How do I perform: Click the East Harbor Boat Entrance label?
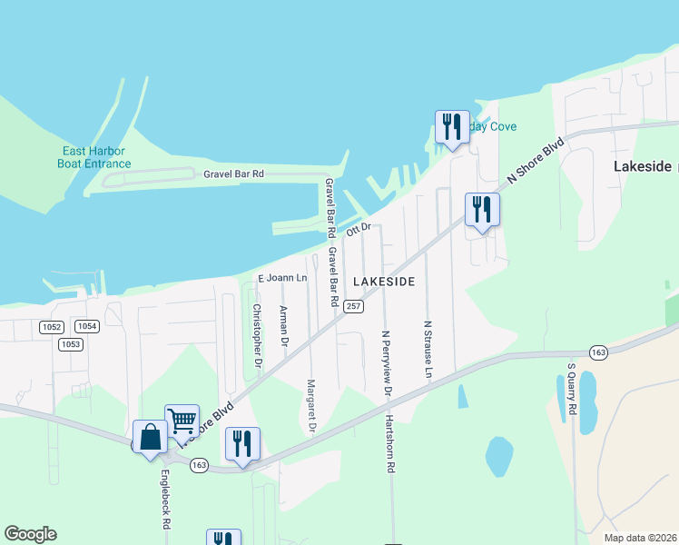pyautogui.click(x=93, y=157)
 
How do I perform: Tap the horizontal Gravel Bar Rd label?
pyautogui.click(x=233, y=173)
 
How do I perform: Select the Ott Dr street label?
pyautogui.click(x=359, y=228)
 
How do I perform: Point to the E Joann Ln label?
pyautogui.click(x=283, y=278)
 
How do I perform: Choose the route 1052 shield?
pyautogui.click(x=51, y=326)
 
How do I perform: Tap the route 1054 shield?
pyautogui.click(x=87, y=326)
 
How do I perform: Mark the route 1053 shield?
pyautogui.click(x=69, y=344)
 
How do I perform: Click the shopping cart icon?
pyautogui.click(x=182, y=419)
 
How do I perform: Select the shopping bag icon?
pyautogui.click(x=150, y=436)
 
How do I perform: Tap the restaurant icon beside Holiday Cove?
pyautogui.click(x=452, y=126)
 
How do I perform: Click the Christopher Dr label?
pyautogui.click(x=257, y=335)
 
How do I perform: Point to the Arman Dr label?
pyautogui.click(x=283, y=327)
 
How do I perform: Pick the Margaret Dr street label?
pyautogui.click(x=310, y=404)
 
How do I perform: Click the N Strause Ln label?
pyautogui.click(x=427, y=349)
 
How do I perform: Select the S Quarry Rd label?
pyautogui.click(x=572, y=390)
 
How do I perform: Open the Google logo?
pyautogui.click(x=31, y=534)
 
